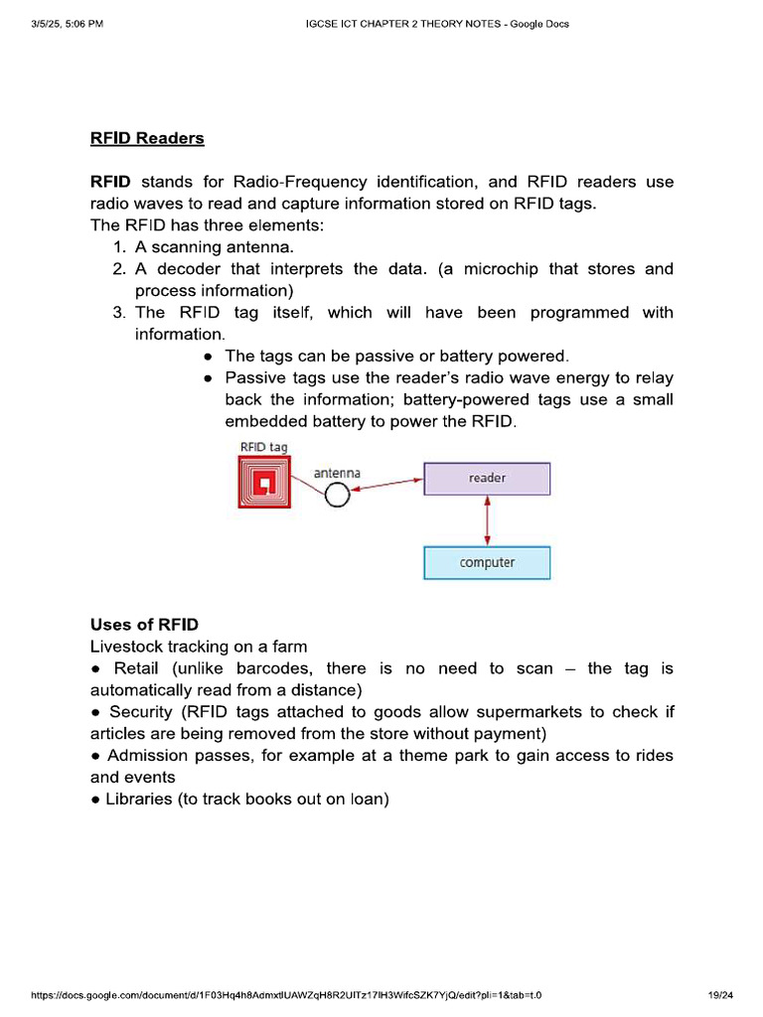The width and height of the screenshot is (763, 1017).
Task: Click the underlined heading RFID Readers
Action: click(147, 138)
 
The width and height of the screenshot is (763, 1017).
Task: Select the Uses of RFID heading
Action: click(144, 625)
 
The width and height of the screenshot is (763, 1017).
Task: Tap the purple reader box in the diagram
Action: click(487, 478)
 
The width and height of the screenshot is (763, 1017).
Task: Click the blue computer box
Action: click(487, 562)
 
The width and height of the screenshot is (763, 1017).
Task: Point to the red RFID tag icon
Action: click(264, 485)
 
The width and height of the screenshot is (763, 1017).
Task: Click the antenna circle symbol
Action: click(338, 494)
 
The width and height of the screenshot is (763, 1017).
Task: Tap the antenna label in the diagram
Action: click(337, 473)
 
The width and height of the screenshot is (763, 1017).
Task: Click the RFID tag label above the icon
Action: click(264, 447)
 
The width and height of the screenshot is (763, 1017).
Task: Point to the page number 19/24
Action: click(720, 995)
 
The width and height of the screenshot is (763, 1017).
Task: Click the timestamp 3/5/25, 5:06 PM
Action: click(67, 24)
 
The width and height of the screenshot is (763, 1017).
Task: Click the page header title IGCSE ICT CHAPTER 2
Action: click(436, 24)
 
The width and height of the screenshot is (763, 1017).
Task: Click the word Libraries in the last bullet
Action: click(139, 799)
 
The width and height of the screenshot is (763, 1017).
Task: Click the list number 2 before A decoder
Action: click(118, 269)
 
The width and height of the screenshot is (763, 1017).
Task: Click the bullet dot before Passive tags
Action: click(208, 378)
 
